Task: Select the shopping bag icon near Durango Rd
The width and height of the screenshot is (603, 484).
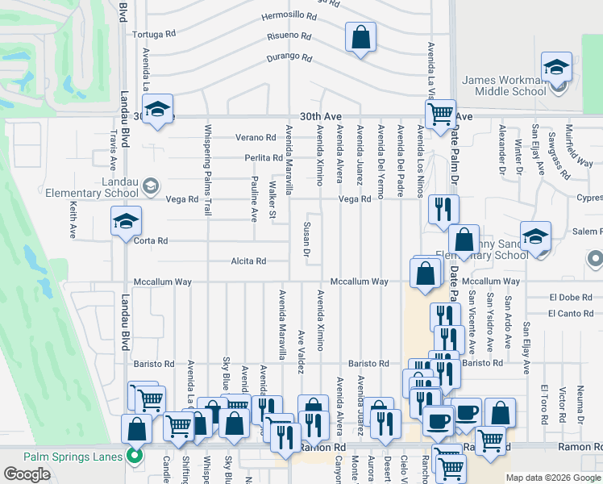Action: click(360, 37)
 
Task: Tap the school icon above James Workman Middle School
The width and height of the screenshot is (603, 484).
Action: click(556, 68)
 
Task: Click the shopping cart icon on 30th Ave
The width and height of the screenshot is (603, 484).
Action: click(440, 115)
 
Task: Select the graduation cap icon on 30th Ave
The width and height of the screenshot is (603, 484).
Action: click(158, 109)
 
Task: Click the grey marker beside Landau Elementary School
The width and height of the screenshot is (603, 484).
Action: click(151, 187)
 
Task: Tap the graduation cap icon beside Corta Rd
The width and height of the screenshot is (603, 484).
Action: click(126, 222)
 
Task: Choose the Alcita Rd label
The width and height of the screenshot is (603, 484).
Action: click(248, 261)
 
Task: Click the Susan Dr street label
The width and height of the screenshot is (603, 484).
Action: click(306, 240)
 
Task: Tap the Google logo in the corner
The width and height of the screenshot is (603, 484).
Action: click(27, 474)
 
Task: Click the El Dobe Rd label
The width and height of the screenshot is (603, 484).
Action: click(570, 298)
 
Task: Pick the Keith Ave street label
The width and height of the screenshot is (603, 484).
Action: click(73, 220)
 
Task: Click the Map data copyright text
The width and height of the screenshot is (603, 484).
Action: click(553, 478)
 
